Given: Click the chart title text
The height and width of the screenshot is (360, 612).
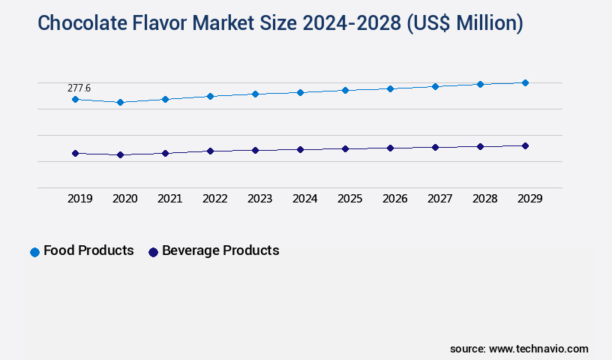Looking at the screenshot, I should pyautogui.click(x=280, y=23).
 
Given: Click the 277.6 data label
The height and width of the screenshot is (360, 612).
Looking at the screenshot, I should pyautogui.click(x=79, y=88).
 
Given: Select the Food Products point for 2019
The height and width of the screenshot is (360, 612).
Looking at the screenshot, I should pyautogui.click(x=75, y=99).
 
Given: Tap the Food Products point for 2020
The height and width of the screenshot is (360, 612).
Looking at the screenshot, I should pyautogui.click(x=120, y=102).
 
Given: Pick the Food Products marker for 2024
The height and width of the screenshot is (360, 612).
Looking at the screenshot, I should pyautogui.click(x=300, y=92).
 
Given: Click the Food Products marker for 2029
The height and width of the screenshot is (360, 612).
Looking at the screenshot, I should pyautogui.click(x=525, y=82).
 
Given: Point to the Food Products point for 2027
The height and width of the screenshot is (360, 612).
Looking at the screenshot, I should pyautogui.click(x=435, y=86).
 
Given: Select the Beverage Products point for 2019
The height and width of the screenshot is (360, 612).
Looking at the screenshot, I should pyautogui.click(x=75, y=153).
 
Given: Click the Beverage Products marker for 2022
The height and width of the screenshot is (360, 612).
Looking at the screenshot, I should pyautogui.click(x=210, y=151).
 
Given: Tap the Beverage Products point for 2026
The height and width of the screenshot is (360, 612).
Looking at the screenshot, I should pyautogui.click(x=390, y=148).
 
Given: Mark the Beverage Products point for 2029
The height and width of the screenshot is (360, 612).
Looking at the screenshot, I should pyautogui.click(x=525, y=145).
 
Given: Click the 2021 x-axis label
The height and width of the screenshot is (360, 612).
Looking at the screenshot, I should pyautogui.click(x=169, y=199).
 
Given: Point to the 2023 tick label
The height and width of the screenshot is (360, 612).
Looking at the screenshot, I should pyautogui.click(x=259, y=199).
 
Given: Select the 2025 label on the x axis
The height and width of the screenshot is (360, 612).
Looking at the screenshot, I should pyautogui.click(x=349, y=199).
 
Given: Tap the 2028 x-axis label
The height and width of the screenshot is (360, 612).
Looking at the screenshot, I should pyautogui.click(x=484, y=199).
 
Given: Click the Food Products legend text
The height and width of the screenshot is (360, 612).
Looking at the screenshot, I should pyautogui.click(x=88, y=250).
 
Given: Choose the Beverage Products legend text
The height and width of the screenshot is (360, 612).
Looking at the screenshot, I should pyautogui.click(x=220, y=250).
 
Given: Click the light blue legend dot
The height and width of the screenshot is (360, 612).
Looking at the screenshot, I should pyautogui.click(x=34, y=252).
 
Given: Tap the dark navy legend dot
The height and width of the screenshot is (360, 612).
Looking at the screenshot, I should pyautogui.click(x=153, y=252).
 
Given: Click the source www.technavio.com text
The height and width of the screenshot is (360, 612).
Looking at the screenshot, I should pyautogui.click(x=519, y=349).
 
